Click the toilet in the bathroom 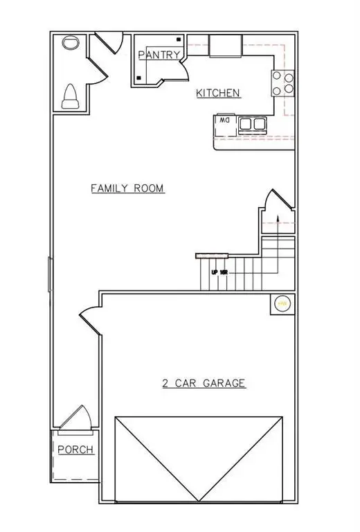point(71,98)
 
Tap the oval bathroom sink point(69,43)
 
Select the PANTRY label point(159,55)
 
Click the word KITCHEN point(218,93)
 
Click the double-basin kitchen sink point(252,124)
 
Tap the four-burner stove point(282,83)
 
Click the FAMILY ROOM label point(128,188)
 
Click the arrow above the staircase point(278,219)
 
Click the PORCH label point(75,450)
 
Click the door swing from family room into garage point(90,322)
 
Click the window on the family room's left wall point(48,274)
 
